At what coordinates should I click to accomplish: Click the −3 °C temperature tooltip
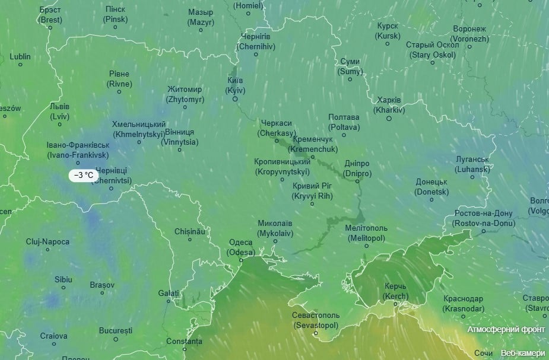(83, 175)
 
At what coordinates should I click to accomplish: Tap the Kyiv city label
(235, 85)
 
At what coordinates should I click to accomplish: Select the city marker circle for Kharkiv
(389, 119)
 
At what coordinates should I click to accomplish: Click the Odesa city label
(240, 247)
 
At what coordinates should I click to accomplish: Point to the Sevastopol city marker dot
(316, 333)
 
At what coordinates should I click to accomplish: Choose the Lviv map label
(59, 111)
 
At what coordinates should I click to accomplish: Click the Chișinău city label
(189, 231)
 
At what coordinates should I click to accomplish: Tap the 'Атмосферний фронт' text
(505, 329)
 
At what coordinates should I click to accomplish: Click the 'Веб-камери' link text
(522, 353)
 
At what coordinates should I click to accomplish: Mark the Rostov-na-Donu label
(483, 218)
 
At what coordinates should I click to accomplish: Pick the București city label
(115, 330)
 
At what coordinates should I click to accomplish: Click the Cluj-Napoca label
(47, 241)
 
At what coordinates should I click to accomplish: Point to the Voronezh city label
(469, 33)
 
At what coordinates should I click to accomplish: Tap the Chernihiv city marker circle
(256, 55)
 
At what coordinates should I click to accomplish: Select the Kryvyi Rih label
(312, 191)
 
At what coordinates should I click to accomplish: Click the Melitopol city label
(366, 232)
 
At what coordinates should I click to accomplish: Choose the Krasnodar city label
(462, 304)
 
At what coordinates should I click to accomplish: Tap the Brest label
(50, 15)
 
